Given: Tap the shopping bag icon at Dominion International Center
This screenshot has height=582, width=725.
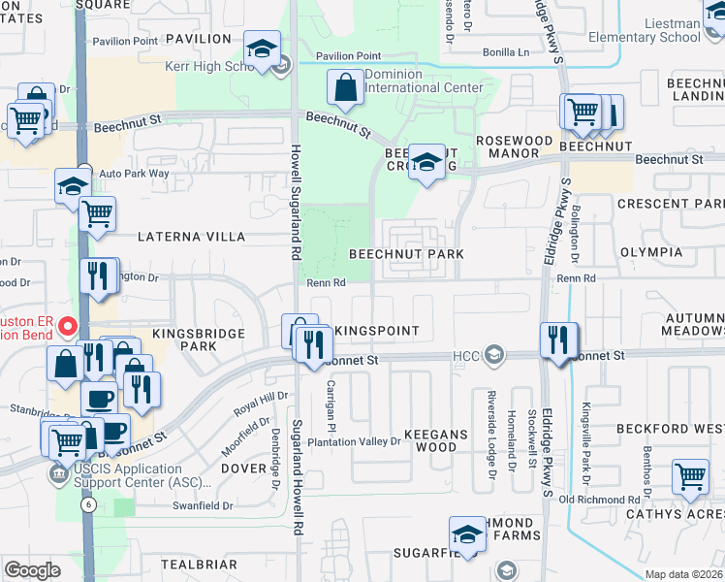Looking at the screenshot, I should [x=346, y=88].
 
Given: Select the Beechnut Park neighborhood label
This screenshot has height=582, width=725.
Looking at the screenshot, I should [x=406, y=254].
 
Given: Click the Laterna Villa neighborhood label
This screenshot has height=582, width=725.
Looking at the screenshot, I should [x=192, y=236].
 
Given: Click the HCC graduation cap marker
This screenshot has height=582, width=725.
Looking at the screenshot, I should [x=496, y=356].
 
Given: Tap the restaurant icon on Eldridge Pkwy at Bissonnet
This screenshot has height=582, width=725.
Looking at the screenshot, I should [x=557, y=340].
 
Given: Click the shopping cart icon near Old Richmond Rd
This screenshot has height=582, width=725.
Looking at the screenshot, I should [x=690, y=477].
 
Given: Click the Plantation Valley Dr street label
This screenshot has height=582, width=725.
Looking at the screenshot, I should [x=354, y=442].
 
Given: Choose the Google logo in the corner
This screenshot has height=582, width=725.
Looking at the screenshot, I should [x=33, y=570].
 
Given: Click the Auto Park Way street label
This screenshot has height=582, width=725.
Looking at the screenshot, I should [x=134, y=174].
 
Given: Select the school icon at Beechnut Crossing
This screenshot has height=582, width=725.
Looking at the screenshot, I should [x=426, y=162].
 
